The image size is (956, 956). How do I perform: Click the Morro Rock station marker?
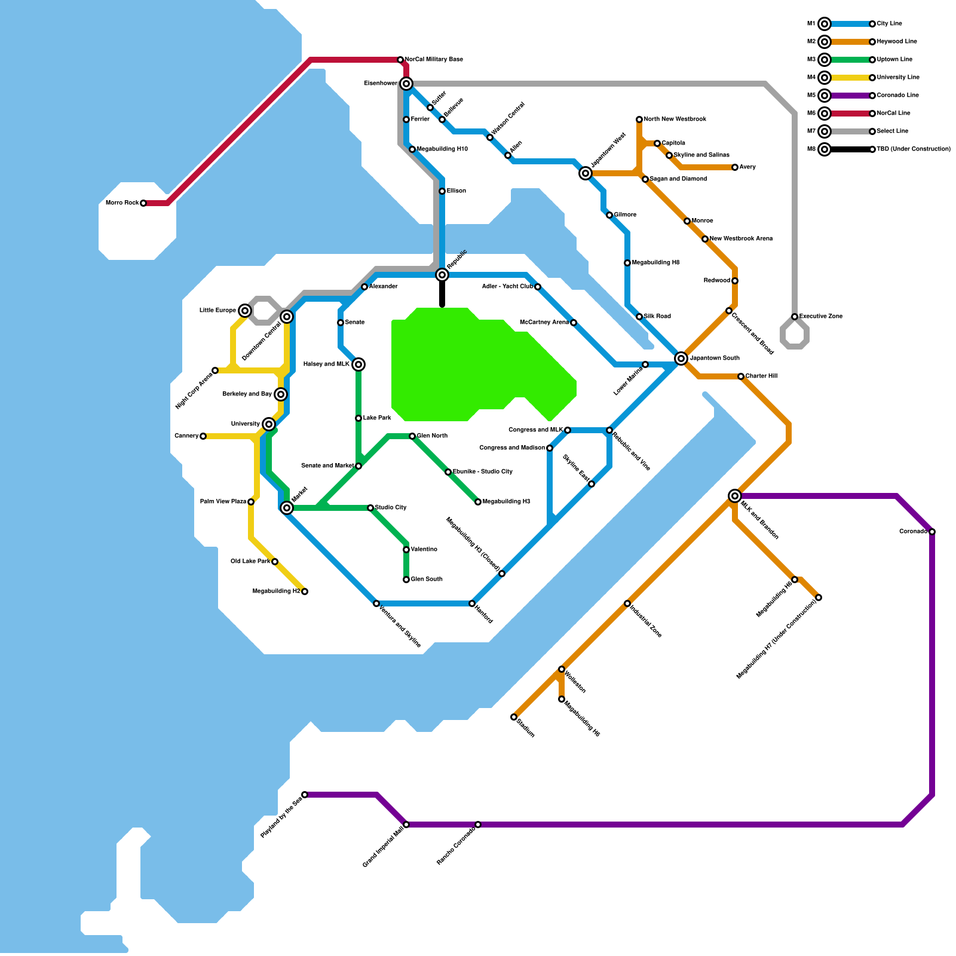[x=143, y=203]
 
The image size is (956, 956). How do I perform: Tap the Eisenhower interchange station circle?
[x=406, y=84]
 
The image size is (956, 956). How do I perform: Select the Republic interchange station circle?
[x=442, y=275]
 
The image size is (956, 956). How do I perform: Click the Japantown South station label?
[x=715, y=358]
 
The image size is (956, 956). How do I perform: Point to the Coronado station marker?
[x=932, y=532]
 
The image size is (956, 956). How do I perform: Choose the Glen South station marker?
[x=406, y=580]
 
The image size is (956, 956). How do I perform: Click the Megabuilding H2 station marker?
[x=305, y=592]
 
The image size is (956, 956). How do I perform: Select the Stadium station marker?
[x=514, y=717]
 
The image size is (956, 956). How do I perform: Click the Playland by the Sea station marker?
[x=305, y=795]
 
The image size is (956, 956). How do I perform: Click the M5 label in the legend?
[x=811, y=96]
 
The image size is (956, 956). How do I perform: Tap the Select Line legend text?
[x=893, y=131]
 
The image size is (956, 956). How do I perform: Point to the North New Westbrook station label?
[x=675, y=119]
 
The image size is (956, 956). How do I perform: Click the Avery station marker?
[x=735, y=167]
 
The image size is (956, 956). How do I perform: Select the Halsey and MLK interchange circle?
[x=358, y=364]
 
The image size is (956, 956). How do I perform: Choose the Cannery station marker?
[x=203, y=436]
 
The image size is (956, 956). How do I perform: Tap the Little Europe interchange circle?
[x=245, y=311]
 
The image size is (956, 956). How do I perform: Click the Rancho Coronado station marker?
[x=478, y=825]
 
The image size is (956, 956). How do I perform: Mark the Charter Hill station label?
[x=761, y=376]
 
